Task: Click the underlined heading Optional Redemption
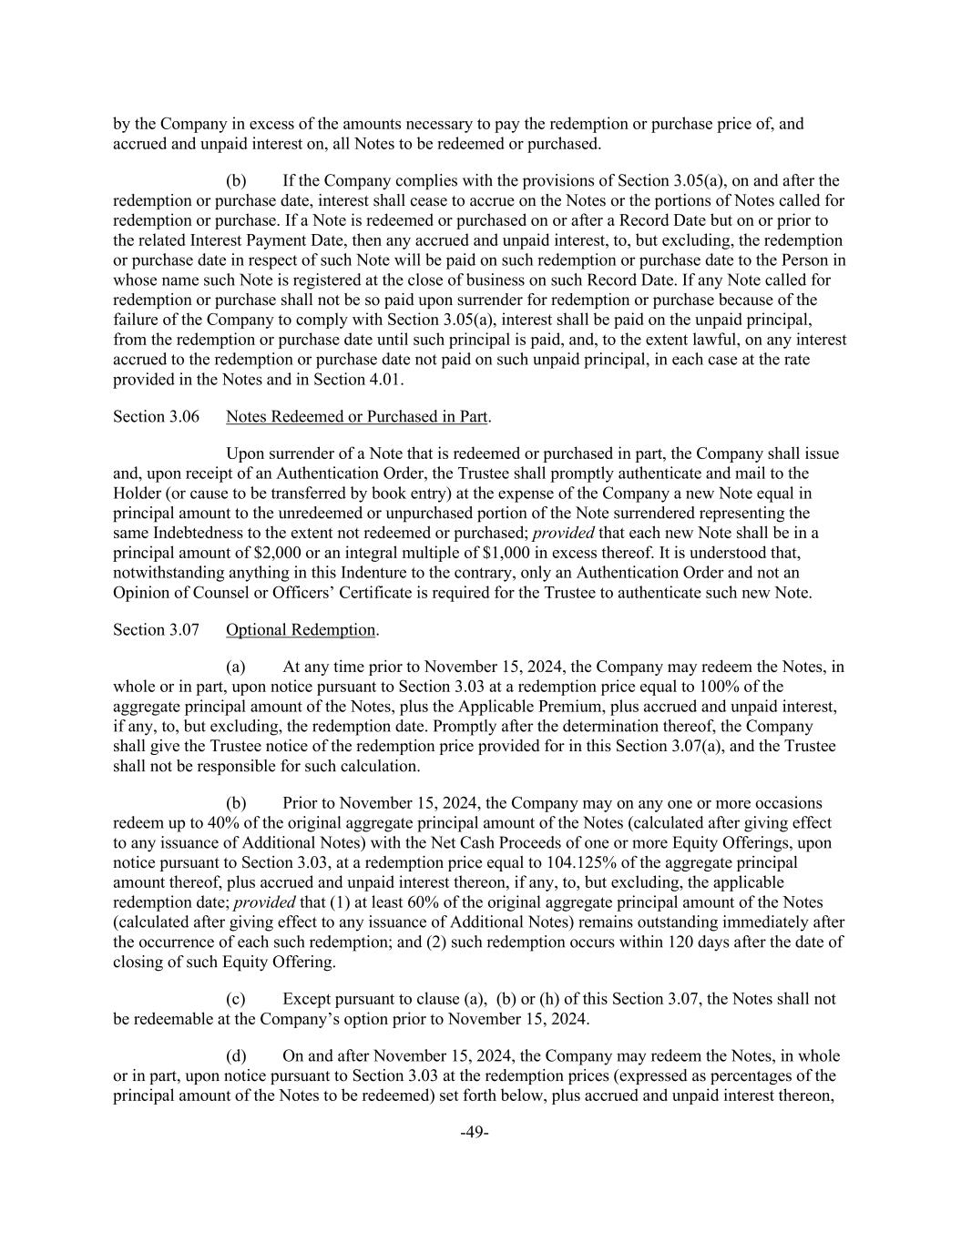tap(301, 630)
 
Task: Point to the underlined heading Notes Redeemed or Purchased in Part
tap(357, 417)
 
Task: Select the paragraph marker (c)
tap(236, 999)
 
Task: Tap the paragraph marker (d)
tap(236, 1056)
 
